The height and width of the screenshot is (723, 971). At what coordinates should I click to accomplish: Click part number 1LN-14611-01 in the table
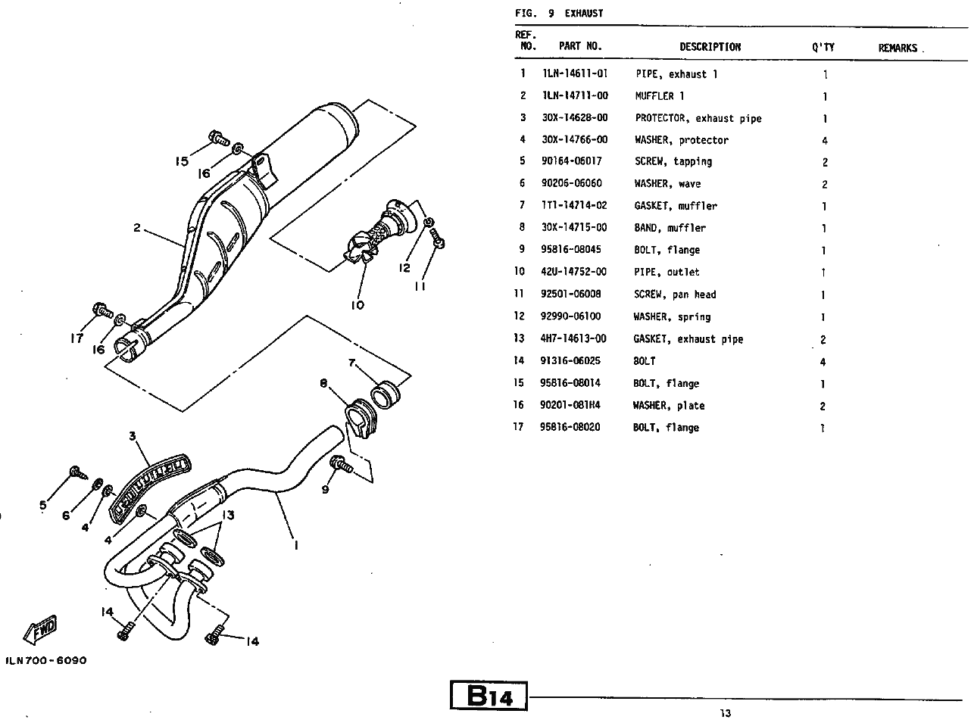coord(575,74)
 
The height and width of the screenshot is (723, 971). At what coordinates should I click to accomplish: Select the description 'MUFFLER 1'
coord(660,96)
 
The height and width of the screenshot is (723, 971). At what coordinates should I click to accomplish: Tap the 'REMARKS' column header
coord(898,48)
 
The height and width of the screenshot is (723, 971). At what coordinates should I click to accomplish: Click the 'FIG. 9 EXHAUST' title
coord(559,13)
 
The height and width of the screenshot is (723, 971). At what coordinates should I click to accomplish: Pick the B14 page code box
coord(489,695)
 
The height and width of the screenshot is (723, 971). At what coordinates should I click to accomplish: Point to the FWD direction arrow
coord(42,628)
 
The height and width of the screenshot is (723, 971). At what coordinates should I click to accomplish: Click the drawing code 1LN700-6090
coord(46,660)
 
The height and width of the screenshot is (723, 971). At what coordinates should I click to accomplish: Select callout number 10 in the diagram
coord(357,305)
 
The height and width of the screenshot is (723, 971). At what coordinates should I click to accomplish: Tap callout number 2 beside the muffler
coord(137,227)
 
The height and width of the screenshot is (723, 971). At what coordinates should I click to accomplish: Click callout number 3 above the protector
coord(132,435)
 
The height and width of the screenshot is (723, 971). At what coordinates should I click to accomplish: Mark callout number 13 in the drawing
coord(228,515)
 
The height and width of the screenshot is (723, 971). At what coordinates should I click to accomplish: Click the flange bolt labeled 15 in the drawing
coord(216,139)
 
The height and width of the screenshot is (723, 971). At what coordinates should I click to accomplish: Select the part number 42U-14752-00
coord(573,272)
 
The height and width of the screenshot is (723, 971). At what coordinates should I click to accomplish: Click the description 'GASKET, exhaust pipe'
coord(688,339)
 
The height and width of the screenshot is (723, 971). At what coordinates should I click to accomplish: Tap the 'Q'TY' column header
coord(823,47)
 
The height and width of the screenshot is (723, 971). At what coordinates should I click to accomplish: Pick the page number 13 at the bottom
coord(726,712)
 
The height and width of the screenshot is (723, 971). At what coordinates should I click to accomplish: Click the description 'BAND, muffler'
coord(670,228)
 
